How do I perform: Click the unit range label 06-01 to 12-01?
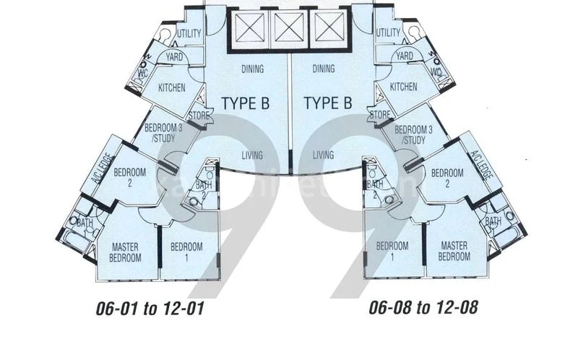151,309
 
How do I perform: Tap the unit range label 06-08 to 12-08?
423,309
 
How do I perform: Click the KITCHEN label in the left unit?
171,87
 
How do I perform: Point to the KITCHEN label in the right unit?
403,87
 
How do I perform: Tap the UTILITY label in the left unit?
189,33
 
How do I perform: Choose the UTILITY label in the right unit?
388,33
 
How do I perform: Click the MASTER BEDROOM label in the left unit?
124,252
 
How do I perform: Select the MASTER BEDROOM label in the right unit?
455,252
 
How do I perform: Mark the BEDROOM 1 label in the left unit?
186,252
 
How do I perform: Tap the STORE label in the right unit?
380,114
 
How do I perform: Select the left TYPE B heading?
245,103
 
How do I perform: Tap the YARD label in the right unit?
405,56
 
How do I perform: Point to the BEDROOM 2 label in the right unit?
447,178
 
